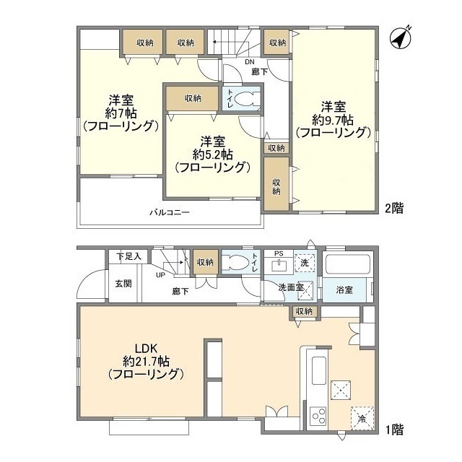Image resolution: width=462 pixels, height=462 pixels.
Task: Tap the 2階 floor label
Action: click(x=393, y=208)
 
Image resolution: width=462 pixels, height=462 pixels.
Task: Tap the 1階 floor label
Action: click(x=393, y=430)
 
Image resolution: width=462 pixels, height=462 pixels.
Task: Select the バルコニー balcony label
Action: click(x=170, y=212)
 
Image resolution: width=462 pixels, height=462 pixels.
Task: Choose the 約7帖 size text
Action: click(x=120, y=113)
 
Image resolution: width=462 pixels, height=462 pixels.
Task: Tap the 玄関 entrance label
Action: click(x=123, y=283)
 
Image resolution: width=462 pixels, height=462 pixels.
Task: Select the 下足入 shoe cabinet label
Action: click(x=129, y=256)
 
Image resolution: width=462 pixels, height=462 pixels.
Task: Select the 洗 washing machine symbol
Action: click(x=305, y=263)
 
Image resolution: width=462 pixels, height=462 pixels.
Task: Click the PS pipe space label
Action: click(x=278, y=253)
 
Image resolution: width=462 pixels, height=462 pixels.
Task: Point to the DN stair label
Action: click(x=228, y=62)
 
